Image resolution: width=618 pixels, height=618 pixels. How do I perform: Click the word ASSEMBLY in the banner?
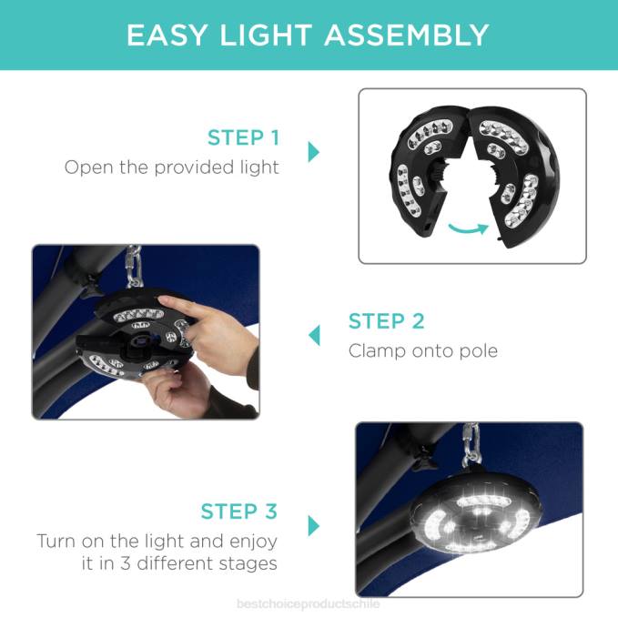406,35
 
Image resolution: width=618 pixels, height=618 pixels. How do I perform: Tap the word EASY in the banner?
167,35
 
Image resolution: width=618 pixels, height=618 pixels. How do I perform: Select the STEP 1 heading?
243,137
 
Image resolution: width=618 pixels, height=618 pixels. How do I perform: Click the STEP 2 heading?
386,320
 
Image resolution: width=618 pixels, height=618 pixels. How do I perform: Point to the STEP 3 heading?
238,512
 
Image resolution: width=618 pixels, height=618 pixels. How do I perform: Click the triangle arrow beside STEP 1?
314,152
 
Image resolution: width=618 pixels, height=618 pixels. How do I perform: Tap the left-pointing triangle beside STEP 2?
314,336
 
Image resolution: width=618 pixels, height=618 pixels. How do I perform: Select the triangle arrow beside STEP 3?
314,526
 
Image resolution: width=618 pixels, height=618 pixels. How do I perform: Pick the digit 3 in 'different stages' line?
126,563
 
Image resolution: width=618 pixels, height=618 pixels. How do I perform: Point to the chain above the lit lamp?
471,444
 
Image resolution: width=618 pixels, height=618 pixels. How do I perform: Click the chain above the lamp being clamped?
134,267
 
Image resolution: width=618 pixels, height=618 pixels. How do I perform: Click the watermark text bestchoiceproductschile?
309,603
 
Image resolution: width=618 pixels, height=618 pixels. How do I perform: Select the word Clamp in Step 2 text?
377,350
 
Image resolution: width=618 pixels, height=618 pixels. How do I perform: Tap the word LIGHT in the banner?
266,35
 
